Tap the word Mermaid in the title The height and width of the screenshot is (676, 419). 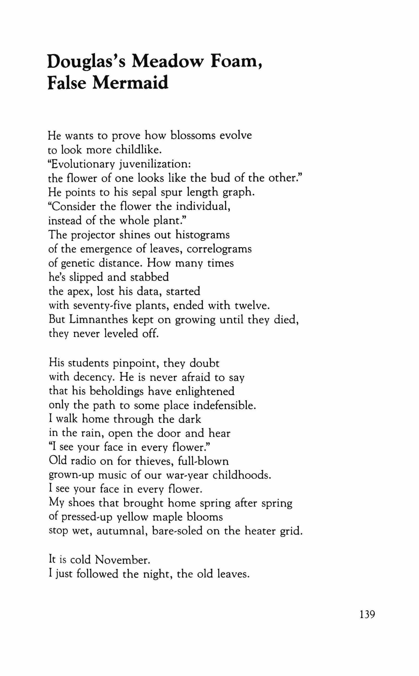[130, 83]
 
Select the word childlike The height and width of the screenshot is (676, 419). [138, 150]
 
